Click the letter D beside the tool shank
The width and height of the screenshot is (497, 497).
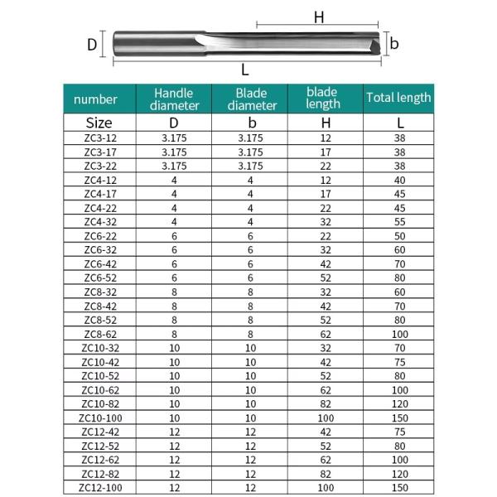[93, 44]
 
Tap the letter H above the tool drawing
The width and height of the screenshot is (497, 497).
[317, 17]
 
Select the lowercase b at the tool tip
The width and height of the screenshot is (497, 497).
[395, 44]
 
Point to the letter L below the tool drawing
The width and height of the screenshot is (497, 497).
[245, 70]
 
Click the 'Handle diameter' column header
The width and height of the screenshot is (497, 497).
[174, 99]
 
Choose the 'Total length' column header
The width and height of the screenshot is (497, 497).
[398, 98]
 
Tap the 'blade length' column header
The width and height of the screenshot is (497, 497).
[322, 98]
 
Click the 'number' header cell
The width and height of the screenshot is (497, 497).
[96, 99]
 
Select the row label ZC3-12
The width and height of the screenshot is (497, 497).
[100, 138]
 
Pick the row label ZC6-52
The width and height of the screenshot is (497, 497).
[100, 277]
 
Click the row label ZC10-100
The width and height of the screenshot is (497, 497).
[100, 417]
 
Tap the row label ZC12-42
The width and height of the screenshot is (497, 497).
[100, 432]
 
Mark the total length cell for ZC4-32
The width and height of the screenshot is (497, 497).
[399, 222]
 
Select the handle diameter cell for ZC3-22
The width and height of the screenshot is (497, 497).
[174, 166]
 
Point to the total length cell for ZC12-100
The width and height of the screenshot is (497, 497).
[399, 488]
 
